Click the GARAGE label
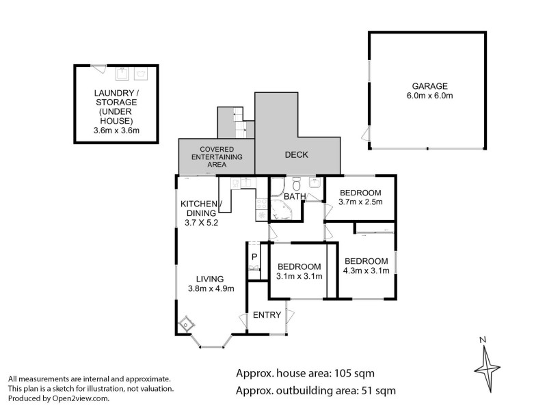429,86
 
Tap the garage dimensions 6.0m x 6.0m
429,96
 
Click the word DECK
296,155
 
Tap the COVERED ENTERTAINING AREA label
217,157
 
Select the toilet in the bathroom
295,185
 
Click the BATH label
295,197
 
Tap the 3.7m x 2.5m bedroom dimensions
360,202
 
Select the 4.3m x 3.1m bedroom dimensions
366,271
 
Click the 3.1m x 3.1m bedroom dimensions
299,276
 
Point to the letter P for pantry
254,256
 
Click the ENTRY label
267,315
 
